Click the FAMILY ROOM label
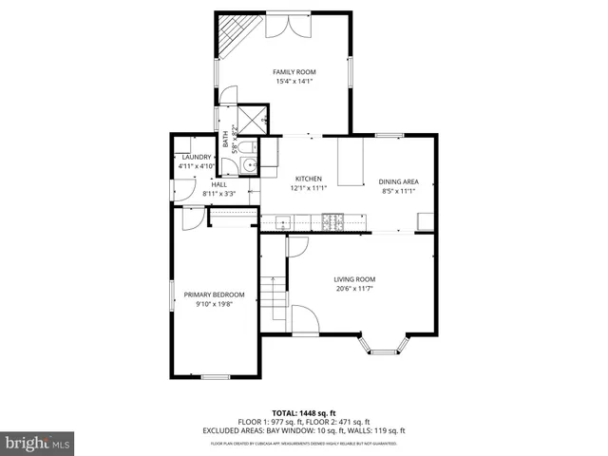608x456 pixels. click(x=294, y=72)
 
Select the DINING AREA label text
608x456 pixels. click(x=399, y=181)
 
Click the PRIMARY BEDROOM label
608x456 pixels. click(x=214, y=294)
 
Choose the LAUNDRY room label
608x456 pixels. click(x=197, y=158)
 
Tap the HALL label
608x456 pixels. click(x=218, y=184)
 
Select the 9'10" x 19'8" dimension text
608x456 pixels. click(x=214, y=305)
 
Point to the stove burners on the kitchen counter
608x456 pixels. click(x=333, y=222)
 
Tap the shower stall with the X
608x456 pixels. click(x=253, y=119)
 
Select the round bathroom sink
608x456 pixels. click(x=248, y=166)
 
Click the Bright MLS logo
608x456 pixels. click(x=38, y=442)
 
